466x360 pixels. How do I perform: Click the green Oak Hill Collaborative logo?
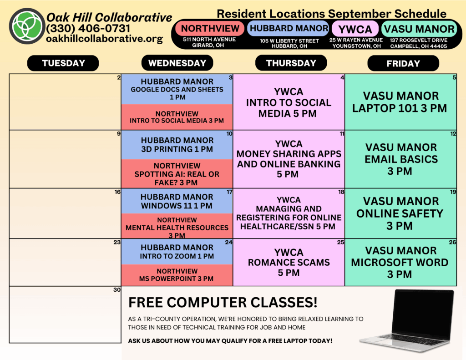point(27,26)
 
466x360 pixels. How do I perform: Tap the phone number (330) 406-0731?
point(88,29)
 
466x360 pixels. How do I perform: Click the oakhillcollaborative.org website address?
point(105,39)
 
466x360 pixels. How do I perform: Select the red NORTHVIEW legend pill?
point(210,28)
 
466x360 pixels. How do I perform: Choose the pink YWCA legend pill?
point(355,29)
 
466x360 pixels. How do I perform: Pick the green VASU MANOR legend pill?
point(419,29)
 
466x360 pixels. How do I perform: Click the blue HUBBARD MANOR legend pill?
point(289,28)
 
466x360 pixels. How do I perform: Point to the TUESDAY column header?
point(63,63)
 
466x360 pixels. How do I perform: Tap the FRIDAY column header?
point(403,63)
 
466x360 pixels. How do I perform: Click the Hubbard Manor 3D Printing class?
point(177,145)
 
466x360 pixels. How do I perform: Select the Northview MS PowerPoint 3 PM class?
point(177,275)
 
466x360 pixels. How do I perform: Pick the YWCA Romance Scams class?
point(289,263)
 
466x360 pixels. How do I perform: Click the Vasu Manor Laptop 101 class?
point(400,102)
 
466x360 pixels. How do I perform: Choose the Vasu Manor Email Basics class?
point(400,159)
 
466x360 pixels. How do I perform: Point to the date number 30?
point(117,289)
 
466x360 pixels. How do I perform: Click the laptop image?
point(407,320)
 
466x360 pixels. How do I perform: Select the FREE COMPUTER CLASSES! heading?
point(223,302)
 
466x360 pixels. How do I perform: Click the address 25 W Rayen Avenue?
point(356,40)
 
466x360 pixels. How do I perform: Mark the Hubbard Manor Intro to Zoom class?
point(177,252)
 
